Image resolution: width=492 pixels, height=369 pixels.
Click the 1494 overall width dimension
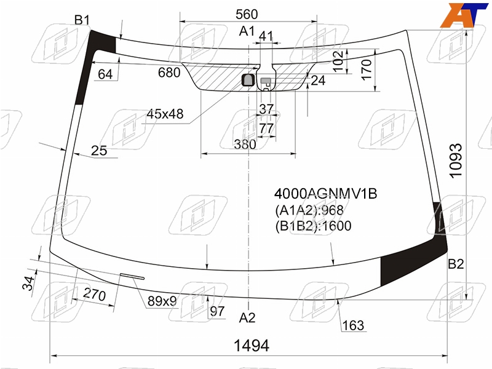point(252,346)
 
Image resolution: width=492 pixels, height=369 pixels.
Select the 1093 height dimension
point(456,161)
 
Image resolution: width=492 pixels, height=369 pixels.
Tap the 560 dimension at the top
point(247,14)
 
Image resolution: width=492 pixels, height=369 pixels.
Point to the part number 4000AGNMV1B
point(326,194)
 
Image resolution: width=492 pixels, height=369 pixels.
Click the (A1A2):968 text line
point(309,210)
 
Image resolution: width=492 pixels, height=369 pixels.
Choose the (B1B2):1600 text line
point(313,226)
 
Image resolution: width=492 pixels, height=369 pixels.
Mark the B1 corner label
point(82,20)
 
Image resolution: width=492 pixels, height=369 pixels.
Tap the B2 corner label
point(456,264)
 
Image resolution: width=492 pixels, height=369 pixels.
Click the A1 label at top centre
point(247,31)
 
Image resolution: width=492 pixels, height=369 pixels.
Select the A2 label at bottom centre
point(247,318)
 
